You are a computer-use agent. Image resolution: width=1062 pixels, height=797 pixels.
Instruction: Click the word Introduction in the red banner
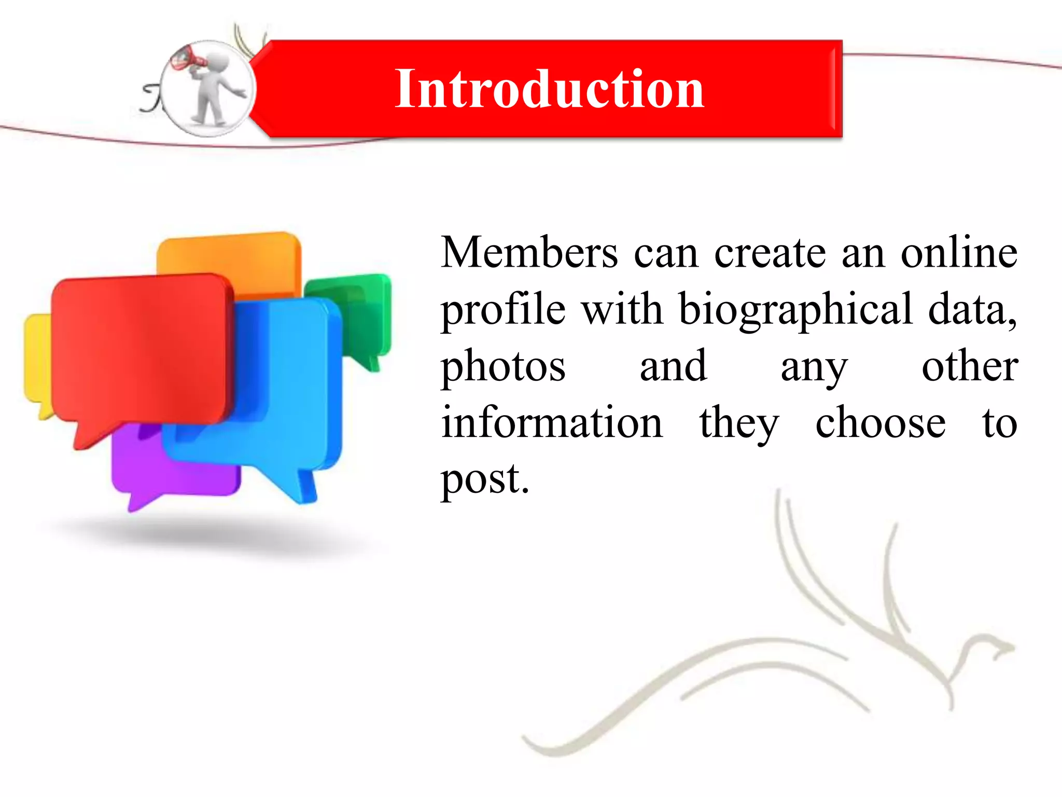(549, 89)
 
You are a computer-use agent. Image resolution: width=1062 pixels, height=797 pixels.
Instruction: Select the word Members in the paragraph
(529, 253)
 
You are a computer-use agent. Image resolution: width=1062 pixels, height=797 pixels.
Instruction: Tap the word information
(552, 423)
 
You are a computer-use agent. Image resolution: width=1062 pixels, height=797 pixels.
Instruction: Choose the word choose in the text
(880, 423)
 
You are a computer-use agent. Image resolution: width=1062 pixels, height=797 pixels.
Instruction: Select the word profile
(503, 310)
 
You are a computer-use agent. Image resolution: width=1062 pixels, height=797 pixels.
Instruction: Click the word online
(959, 253)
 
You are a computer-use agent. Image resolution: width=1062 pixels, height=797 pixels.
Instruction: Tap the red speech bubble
(140, 348)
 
